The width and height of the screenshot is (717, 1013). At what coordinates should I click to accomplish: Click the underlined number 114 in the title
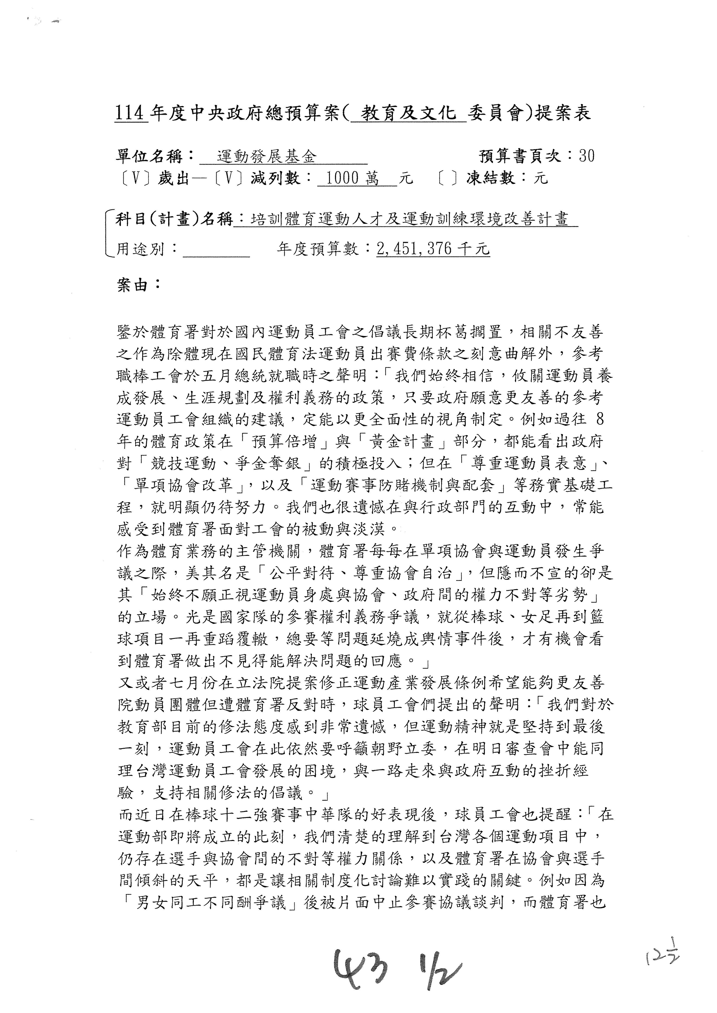coord(130,114)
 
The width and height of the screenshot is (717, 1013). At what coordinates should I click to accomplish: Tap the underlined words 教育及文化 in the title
coord(408,114)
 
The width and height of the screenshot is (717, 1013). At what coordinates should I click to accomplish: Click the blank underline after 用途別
coord(216,252)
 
